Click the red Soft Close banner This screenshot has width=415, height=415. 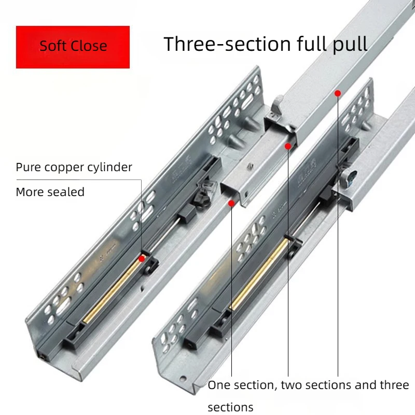[73, 47]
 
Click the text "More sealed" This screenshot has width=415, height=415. [50, 192]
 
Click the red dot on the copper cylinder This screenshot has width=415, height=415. [142, 258]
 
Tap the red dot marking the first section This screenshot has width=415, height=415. [231, 203]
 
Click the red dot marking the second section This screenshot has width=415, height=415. [288, 146]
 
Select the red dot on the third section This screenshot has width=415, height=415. [338, 93]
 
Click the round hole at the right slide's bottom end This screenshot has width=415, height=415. [183, 379]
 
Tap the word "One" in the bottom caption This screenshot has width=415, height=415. [218, 385]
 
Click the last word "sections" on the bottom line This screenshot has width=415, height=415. [230, 407]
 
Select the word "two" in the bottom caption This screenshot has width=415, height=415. [292, 385]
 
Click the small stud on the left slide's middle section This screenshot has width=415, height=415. [250, 167]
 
